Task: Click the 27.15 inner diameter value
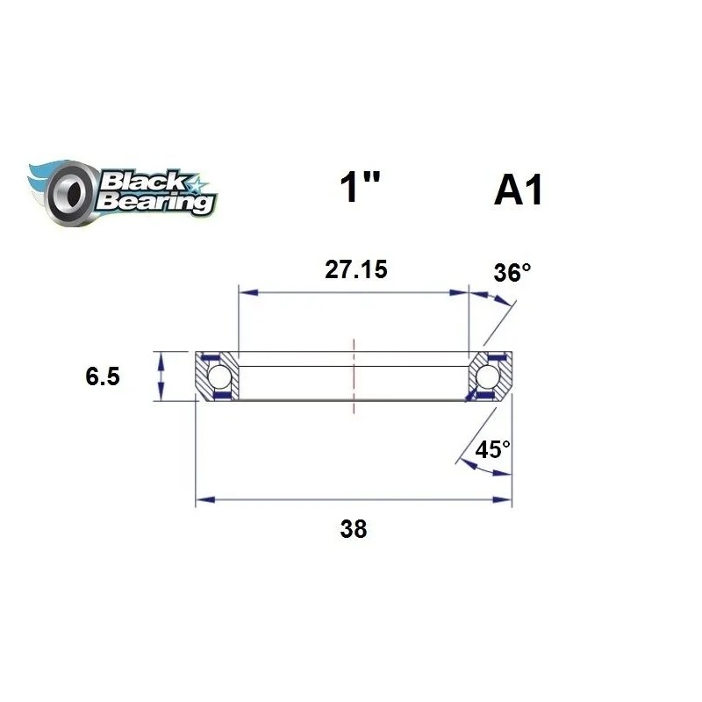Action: coord(355,270)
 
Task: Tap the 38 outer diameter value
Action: coord(355,529)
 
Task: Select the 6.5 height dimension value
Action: coord(103,376)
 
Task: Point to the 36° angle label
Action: coord(512,273)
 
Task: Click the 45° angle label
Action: coord(492,450)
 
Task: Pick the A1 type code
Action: coord(518,192)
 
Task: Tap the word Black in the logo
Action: coord(143,182)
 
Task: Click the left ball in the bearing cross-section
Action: coord(219,378)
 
